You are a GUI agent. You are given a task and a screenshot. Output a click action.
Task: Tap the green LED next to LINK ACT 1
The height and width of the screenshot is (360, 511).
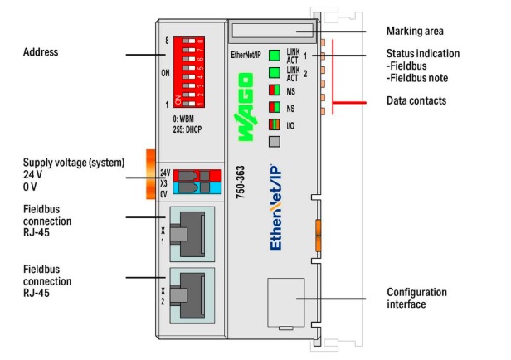[x=273, y=56]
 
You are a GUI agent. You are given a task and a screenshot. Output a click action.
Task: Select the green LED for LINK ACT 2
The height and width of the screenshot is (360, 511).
[x=273, y=73]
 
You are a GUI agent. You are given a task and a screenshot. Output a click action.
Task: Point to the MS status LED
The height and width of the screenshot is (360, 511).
[x=273, y=90]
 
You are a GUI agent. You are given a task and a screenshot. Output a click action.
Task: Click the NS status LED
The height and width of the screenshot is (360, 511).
[x=273, y=107]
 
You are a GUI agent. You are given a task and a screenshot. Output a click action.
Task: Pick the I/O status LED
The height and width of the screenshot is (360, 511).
[x=273, y=124]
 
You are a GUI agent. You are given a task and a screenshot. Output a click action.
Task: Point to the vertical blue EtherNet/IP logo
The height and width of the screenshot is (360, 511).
[x=278, y=208]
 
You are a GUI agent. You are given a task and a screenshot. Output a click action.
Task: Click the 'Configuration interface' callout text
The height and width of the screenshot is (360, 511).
[x=416, y=299]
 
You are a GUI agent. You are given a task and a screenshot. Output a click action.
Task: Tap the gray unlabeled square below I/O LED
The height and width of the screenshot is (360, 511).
[x=273, y=141]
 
